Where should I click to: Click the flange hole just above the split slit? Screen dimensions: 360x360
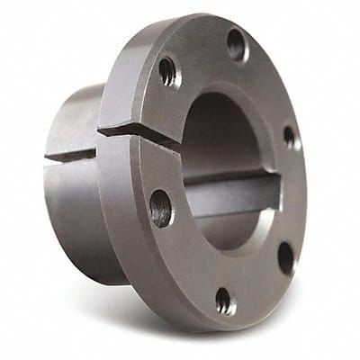(168, 73)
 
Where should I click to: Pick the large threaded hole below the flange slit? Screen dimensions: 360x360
(161, 208)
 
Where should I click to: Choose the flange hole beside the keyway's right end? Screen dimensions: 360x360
(289, 137)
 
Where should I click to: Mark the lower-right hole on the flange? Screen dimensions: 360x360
(284, 258)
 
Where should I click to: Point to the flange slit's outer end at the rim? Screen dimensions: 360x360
(102, 130)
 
